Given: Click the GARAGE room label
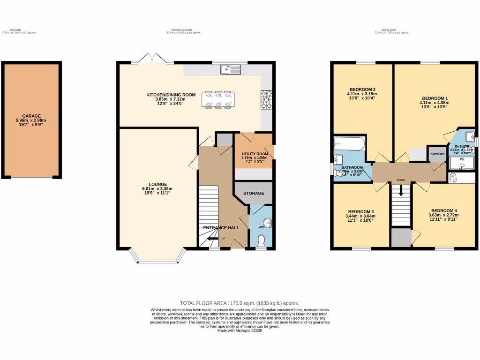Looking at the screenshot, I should pos(31,116).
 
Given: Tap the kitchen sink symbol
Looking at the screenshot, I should pos(230,70).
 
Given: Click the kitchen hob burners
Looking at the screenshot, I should pos(265,99).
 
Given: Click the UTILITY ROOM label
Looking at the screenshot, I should pos(255,154).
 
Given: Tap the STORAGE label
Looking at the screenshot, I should pos(253,193).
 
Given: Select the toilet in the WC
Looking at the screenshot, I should pos(262,240).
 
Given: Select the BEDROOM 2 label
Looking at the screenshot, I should pos(362,90).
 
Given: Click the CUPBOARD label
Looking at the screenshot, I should pos(437,154).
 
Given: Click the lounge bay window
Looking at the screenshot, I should pos(157,259).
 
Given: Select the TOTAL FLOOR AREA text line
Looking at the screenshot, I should pos(240,303).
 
